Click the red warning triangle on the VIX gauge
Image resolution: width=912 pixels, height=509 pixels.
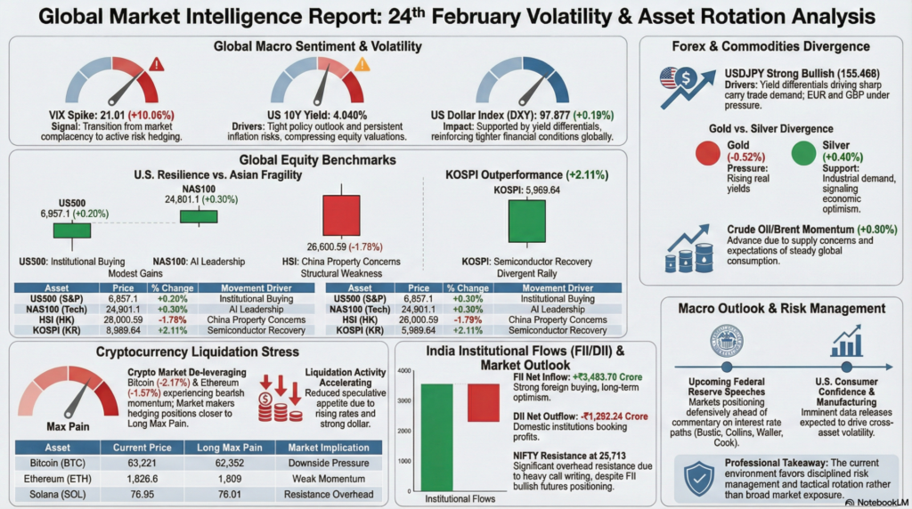pos(158,64)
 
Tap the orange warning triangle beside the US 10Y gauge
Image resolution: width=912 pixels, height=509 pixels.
pos(362,64)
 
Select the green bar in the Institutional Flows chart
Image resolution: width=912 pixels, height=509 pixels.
pos(436,436)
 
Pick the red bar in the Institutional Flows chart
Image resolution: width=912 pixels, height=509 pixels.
pos(484,402)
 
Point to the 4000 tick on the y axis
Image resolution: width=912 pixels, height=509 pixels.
pos(403,370)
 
